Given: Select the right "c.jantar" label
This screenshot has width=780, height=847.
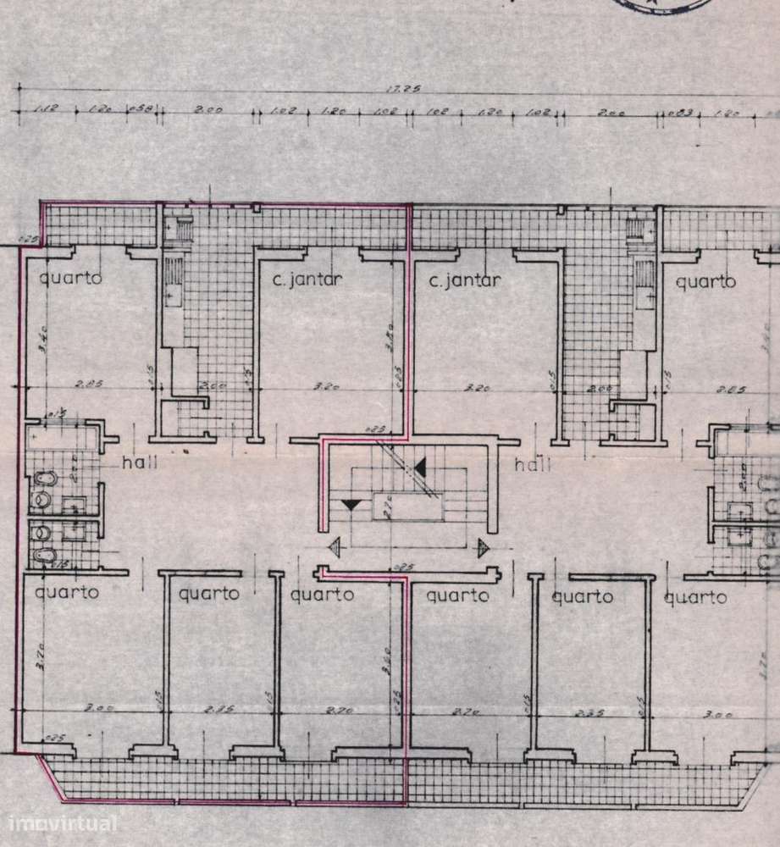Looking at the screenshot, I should (x=465, y=280).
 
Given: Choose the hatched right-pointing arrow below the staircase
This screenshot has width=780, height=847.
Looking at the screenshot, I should (x=484, y=547).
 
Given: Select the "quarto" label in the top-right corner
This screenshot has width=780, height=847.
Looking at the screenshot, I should (x=705, y=281).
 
